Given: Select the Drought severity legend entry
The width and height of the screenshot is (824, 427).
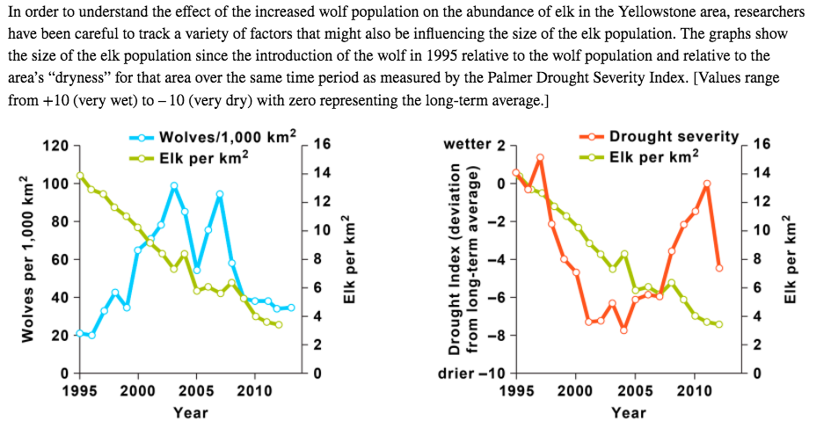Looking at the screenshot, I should click(674, 136).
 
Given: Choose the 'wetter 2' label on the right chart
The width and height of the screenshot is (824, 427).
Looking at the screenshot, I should click(475, 145).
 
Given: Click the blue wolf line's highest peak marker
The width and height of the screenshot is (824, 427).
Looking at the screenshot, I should click(174, 186).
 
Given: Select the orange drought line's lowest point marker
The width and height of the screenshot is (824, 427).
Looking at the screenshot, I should click(623, 330).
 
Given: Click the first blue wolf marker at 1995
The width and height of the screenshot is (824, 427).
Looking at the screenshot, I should click(80, 333).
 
